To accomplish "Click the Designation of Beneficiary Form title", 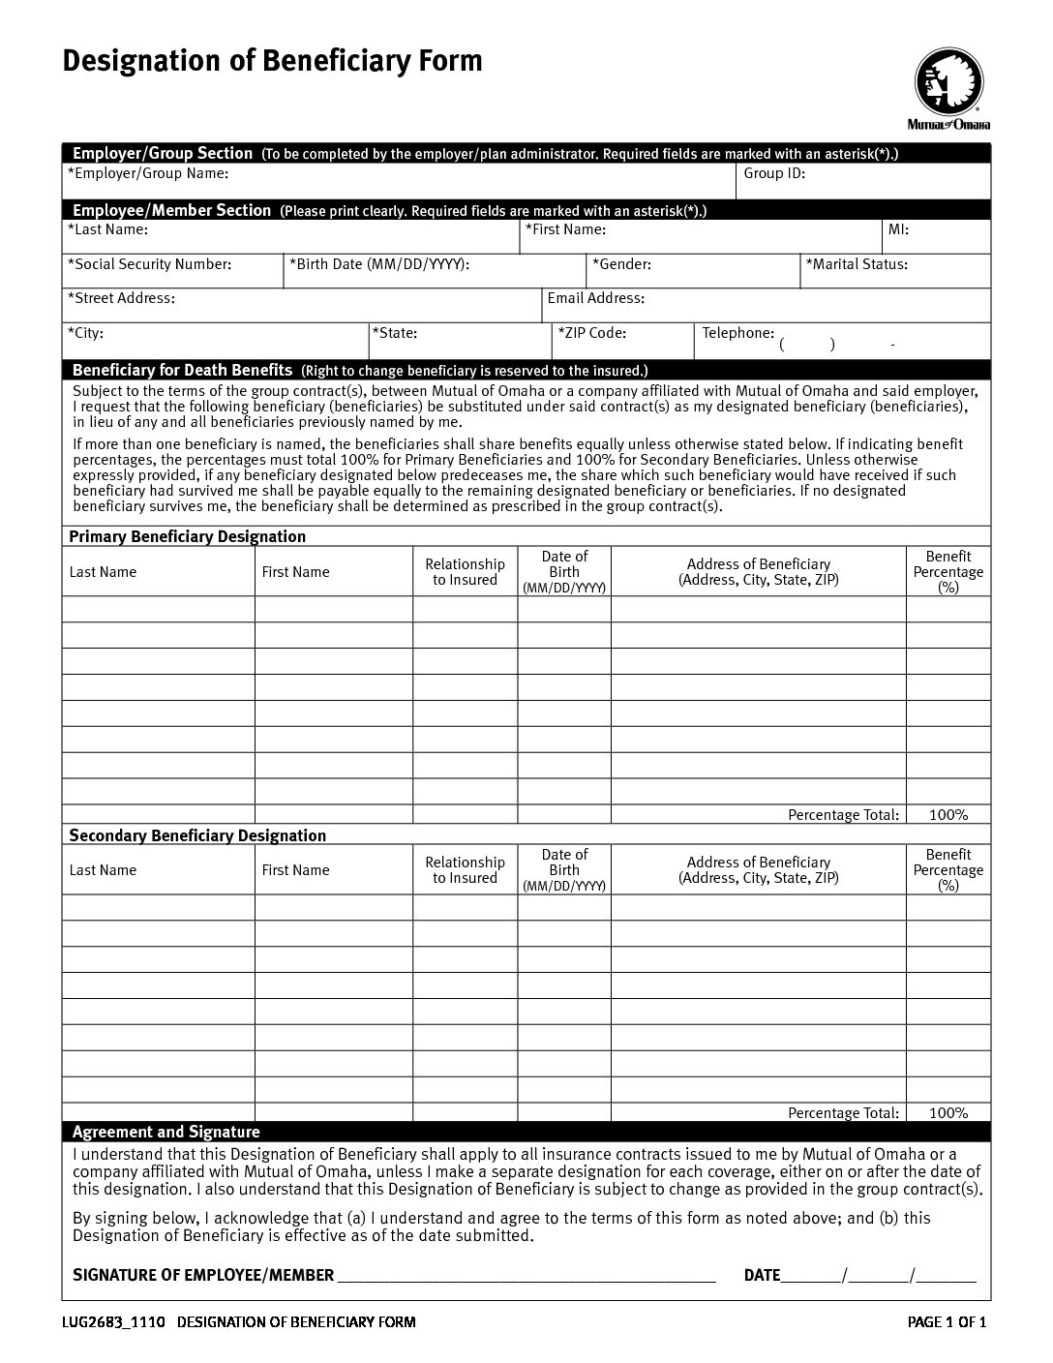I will point(272,61).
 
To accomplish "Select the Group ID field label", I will point(774,174).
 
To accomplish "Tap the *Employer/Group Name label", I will point(148,174).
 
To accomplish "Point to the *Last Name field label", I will point(107,230).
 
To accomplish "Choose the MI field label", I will point(898,230).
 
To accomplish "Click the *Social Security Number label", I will point(150,264).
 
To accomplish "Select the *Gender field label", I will point(621,264).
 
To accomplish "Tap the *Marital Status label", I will point(857,264).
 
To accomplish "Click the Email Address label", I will point(596,299).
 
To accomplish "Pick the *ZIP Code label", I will point(591,333).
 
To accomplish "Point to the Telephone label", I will point(738,333).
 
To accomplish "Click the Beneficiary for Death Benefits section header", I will point(182,370).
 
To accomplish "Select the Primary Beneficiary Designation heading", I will point(187,536).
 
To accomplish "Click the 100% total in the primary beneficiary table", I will point(948,815).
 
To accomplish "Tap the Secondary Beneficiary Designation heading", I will point(197,835).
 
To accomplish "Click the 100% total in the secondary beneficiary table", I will point(948,1113).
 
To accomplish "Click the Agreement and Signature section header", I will point(166,1132).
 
